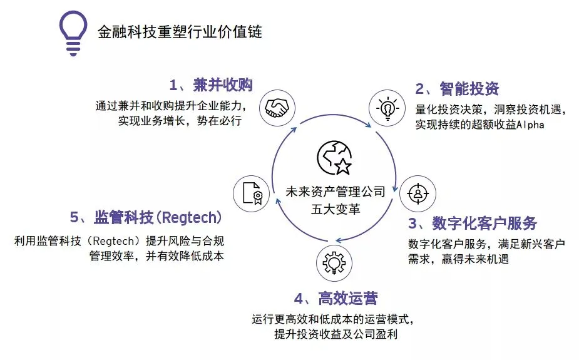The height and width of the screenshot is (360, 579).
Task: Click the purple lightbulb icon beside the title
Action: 74,33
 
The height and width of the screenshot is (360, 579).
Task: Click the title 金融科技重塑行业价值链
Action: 180,32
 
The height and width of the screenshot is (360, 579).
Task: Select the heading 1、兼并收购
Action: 211,85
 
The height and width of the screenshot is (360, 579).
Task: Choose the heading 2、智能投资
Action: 458,88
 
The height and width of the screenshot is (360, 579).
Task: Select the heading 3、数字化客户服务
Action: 473,224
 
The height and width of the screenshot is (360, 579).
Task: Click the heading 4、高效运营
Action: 336,298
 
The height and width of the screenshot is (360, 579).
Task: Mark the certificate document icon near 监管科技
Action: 252,193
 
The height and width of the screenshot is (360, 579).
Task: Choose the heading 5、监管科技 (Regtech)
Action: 146,218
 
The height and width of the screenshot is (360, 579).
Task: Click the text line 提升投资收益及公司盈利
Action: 336,334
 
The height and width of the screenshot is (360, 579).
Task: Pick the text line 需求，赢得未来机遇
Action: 458,259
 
